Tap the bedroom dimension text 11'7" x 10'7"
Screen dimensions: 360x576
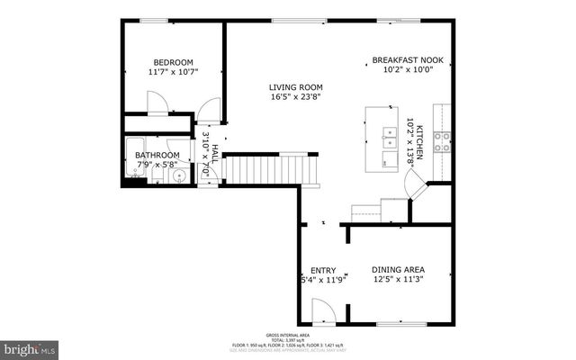(x=173, y=71)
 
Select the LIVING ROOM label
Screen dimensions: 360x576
(x=295, y=87)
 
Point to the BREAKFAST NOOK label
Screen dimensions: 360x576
(x=408, y=61)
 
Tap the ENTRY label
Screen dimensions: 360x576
(x=323, y=270)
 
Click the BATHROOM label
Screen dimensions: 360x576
(x=157, y=155)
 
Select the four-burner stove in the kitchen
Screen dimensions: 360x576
(x=442, y=140)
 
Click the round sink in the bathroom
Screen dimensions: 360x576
(x=179, y=175)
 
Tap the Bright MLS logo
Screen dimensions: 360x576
(x=30, y=347)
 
